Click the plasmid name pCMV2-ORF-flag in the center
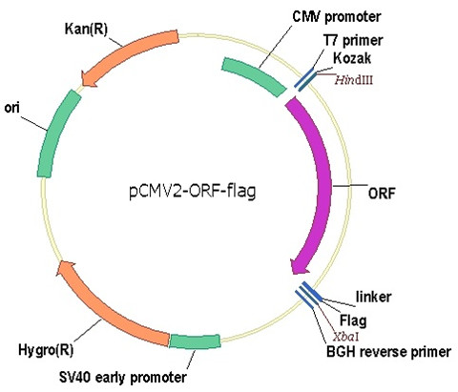point(193,192)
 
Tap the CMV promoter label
point(337,16)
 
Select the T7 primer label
point(353,40)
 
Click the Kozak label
point(352,58)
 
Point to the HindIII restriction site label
point(353,80)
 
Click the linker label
point(373,297)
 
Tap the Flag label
point(353,320)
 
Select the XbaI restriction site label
point(345,337)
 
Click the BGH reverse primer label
point(388,352)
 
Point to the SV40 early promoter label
point(123,378)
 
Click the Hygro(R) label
point(46,350)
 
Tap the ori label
point(11,108)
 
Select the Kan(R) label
point(86,30)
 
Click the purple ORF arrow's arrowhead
point(300,266)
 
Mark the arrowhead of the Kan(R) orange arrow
point(89,79)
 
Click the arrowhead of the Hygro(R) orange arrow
point(65,268)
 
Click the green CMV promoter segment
point(254,76)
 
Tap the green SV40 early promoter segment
point(195,341)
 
